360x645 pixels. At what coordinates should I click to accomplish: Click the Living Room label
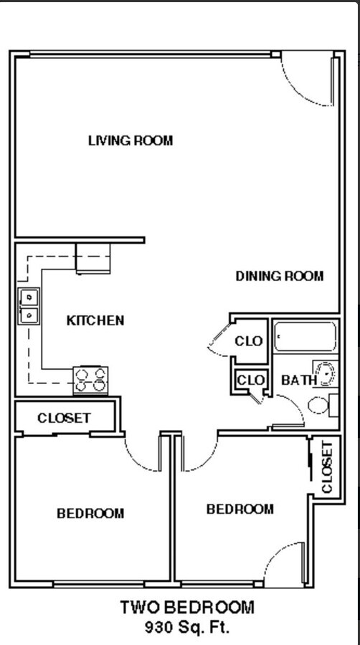point(130,140)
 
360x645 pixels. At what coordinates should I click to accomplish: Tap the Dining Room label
point(280,276)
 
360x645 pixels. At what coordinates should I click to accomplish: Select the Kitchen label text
point(95,320)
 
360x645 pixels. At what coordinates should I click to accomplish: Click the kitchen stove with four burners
point(91,379)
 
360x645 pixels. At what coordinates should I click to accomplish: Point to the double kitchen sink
point(28,305)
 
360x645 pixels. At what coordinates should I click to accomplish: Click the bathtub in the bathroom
point(305,337)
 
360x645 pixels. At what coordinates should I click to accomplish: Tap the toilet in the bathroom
point(321,405)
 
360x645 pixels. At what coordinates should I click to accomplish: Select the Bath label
point(298,380)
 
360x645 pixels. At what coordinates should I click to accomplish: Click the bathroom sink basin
point(326,374)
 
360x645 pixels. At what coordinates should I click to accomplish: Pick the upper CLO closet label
point(249,341)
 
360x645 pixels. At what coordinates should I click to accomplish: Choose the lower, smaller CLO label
point(250,379)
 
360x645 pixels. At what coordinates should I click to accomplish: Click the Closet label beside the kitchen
point(64,418)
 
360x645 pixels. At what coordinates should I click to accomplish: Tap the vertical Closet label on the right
point(327,467)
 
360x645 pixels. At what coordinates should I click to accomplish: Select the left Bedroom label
point(90,513)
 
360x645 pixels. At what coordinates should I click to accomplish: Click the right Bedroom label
point(240,509)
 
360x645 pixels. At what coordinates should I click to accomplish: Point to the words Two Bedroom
point(186,608)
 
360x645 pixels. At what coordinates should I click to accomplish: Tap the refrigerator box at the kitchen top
point(94,259)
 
